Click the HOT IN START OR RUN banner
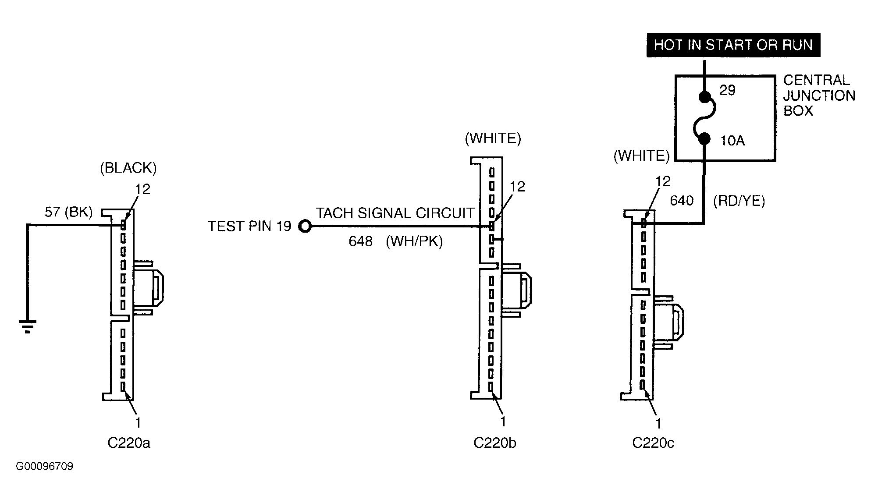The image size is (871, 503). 733,45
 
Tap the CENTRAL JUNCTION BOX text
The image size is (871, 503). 819,96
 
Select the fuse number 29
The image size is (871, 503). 728,90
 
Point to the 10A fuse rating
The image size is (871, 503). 732,141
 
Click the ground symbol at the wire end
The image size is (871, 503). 28,327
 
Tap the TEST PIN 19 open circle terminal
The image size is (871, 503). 305,227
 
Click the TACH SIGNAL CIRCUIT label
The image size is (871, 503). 395,213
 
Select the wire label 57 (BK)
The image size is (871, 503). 69,213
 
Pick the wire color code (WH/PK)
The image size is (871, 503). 414,241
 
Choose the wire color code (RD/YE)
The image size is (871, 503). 739,201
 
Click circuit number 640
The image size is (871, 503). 682,201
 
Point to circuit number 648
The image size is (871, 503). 360,241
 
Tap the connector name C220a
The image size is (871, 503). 129,443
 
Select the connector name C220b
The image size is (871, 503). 495,443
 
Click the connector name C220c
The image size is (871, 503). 653,443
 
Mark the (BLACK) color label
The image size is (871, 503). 128,168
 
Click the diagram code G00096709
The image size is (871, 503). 45,467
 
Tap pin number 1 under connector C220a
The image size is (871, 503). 139,423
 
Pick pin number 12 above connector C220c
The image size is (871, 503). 663,181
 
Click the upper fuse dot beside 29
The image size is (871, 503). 704,96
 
